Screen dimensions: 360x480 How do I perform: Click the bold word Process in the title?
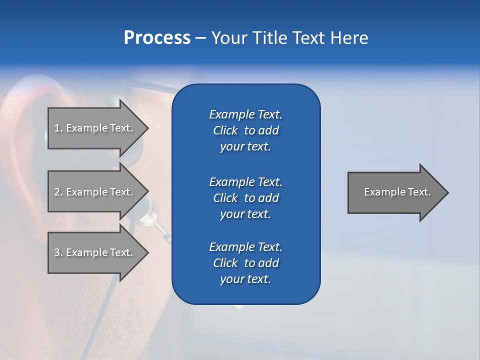pyautogui.click(x=157, y=38)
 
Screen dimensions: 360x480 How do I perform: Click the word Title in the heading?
pyautogui.click(x=270, y=38)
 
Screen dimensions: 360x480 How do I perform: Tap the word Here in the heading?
pyautogui.click(x=349, y=38)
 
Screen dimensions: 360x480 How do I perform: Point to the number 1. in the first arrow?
pyautogui.click(x=58, y=128)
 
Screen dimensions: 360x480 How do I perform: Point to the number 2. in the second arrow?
pyautogui.click(x=58, y=192)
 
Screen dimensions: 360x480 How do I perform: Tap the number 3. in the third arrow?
pyautogui.click(x=58, y=252)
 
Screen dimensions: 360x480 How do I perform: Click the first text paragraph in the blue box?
pyautogui.click(x=245, y=130)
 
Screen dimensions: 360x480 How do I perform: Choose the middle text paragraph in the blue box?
pyautogui.click(x=245, y=198)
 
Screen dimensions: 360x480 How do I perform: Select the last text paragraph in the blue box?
pyautogui.click(x=245, y=263)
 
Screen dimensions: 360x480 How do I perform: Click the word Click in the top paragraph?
pyautogui.click(x=225, y=130)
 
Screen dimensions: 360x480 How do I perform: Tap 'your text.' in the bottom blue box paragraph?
pyautogui.click(x=245, y=279)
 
